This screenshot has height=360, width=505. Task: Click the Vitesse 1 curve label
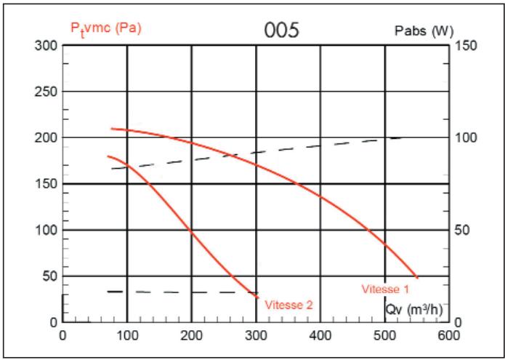coord(385,289)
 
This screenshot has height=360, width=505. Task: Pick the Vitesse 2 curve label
coord(289,305)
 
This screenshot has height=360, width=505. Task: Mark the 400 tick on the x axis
coord(320,335)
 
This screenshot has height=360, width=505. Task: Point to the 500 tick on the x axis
coord(384,335)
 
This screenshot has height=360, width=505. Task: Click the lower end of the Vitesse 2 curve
coord(258,297)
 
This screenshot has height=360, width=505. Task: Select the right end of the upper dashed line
coord(400,137)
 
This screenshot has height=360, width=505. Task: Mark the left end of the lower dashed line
coord(108,292)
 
